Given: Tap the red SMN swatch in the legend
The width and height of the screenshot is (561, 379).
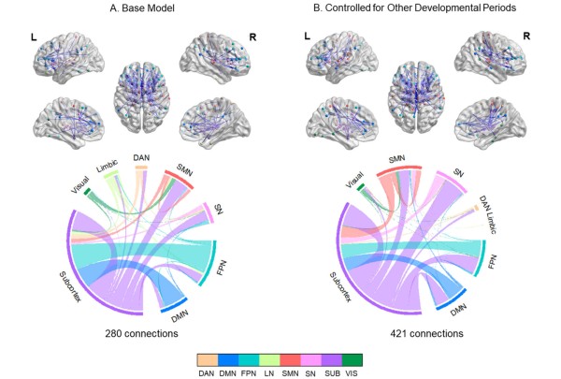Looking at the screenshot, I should pos(293,357).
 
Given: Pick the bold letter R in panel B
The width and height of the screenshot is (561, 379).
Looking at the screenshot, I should pos(526,36).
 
